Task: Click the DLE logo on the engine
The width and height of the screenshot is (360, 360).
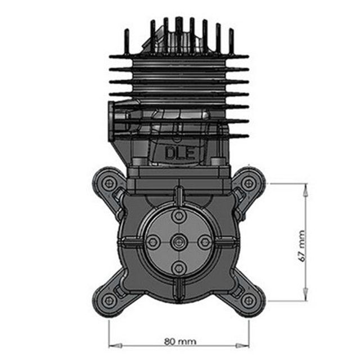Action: coord(180,154)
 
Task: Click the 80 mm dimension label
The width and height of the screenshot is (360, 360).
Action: coord(180,341)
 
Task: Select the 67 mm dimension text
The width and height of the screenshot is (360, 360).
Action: coord(302,246)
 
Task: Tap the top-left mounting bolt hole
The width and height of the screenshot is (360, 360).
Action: coord(108,183)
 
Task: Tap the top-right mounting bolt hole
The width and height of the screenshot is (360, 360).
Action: coord(249,183)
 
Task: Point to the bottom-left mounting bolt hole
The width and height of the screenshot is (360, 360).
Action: coord(108,300)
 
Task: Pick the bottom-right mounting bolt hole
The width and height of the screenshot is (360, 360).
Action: coord(249,300)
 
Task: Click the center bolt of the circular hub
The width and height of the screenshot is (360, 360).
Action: coord(179,242)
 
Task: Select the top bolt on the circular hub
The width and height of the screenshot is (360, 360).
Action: coord(179,216)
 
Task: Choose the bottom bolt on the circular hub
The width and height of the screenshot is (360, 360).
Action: coord(179,268)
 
